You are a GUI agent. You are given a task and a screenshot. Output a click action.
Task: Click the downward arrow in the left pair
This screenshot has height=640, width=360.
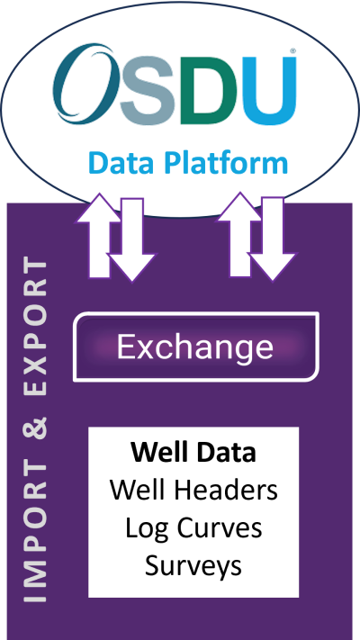pos(130,243)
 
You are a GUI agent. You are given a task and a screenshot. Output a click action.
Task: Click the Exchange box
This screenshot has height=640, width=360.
pos(195,347)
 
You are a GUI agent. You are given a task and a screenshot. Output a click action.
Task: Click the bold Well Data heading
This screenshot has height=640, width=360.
pos(193,452)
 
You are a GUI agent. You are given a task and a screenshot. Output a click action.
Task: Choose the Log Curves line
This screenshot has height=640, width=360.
pos(193,527)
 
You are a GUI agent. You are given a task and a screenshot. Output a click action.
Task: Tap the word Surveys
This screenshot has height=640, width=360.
pos(193,565)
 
